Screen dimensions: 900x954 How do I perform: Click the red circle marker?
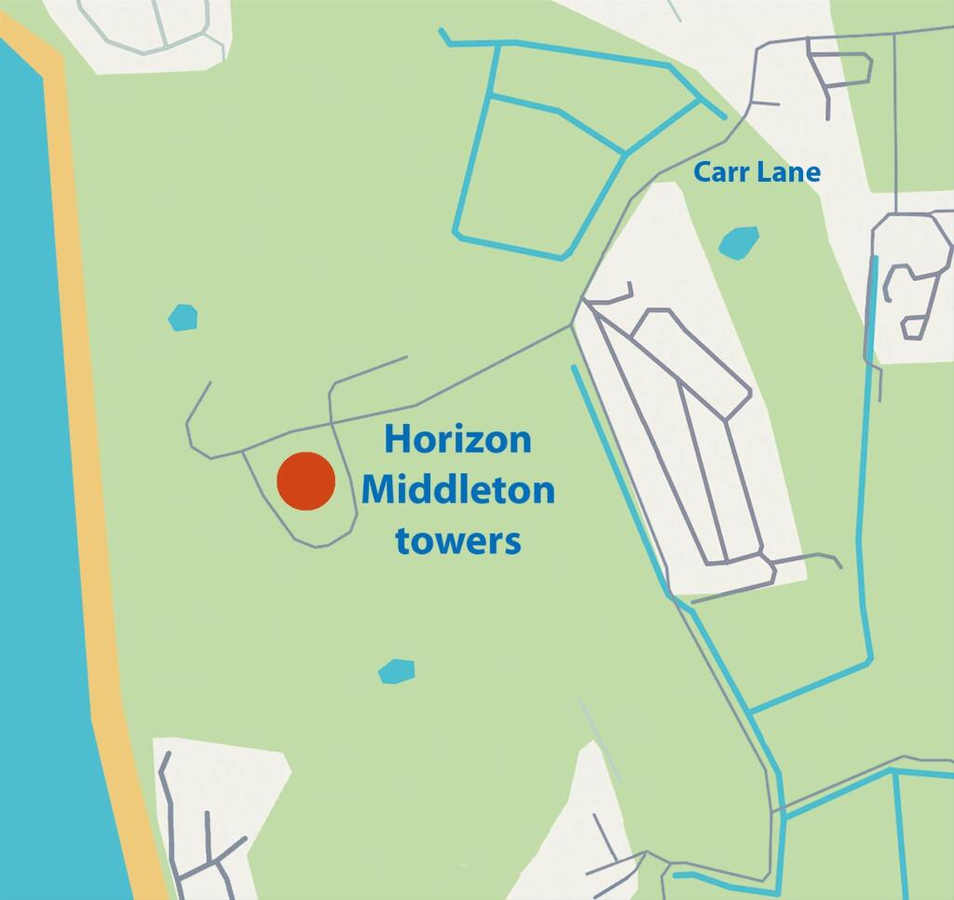click(x=306, y=482)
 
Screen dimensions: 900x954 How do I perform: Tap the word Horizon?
click(x=457, y=439)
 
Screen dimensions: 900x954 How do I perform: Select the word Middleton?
click(x=457, y=489)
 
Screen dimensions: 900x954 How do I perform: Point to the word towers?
click(x=457, y=539)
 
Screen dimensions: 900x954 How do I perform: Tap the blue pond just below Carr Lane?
click(x=739, y=242)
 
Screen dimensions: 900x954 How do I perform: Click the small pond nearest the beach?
click(x=183, y=318)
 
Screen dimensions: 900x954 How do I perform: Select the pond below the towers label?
click(x=396, y=671)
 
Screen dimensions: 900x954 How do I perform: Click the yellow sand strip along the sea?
click(x=93, y=466)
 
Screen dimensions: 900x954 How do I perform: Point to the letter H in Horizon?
click(x=398, y=439)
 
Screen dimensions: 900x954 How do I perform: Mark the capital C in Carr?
click(x=702, y=172)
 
